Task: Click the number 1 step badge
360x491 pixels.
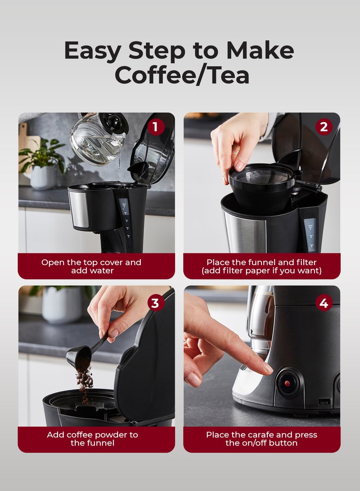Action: click(x=156, y=127)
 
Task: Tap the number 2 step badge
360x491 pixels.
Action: click(x=324, y=127)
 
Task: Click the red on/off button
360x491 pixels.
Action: click(x=287, y=383)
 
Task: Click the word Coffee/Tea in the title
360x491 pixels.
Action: click(x=182, y=75)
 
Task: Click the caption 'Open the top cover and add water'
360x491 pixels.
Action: click(x=91, y=266)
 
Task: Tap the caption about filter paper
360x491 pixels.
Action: click(x=261, y=266)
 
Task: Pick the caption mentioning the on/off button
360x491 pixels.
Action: click(x=261, y=439)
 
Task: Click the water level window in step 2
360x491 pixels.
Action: click(x=310, y=234)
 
